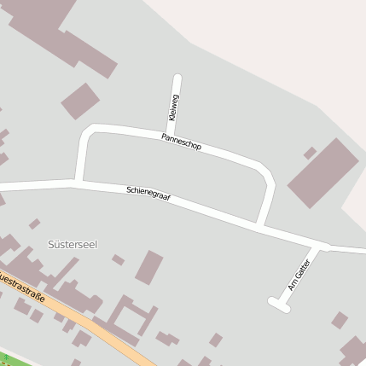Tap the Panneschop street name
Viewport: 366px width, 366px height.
181,142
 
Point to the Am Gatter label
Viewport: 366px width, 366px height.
299,275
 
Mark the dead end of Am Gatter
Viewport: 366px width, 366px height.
272,300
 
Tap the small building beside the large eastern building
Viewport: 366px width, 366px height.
310,153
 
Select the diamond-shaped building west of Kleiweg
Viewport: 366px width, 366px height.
80,101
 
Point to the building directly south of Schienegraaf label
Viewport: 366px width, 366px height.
149,267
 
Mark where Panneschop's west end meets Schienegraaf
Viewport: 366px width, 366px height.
79,182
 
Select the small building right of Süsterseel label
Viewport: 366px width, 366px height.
118,259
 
